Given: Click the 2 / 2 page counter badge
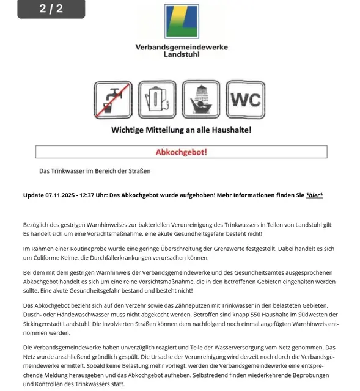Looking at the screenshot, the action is tap(51, 9).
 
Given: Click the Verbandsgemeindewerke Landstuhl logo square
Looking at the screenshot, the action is tap(181, 22).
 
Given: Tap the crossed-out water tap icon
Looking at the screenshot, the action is tap(112, 100).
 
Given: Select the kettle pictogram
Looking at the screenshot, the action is tap(157, 100).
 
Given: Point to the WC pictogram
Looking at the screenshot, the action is tap(245, 100).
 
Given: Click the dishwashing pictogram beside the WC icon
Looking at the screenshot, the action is tap(201, 100).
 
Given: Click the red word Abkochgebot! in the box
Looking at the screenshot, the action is tap(182, 152).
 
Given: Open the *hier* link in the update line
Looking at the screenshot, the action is tap(314, 195).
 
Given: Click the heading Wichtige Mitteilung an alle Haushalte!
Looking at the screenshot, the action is tap(181, 130).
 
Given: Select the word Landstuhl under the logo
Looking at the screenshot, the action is tap(181, 54).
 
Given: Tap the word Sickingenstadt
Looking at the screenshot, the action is tap(46, 324).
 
